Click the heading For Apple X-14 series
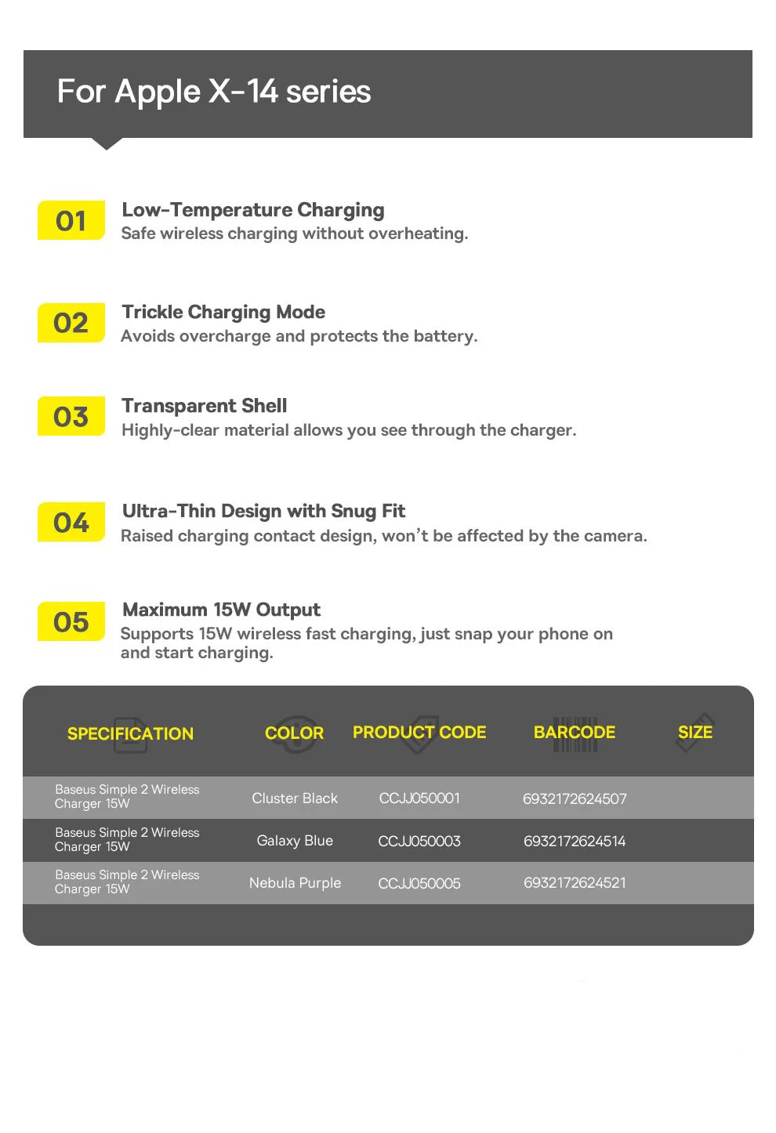(213, 92)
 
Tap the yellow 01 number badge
(71, 221)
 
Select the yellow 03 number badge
(71, 416)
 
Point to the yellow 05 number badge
(71, 622)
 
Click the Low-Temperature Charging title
(252, 210)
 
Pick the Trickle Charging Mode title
(223, 312)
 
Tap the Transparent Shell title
(204, 406)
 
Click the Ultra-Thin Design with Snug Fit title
(263, 512)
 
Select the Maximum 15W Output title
(221, 610)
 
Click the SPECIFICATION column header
(130, 733)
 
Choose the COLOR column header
(294, 733)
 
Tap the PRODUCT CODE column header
(419, 732)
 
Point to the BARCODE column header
(575, 732)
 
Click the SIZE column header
(695, 732)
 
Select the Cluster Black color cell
(295, 798)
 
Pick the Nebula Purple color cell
(295, 883)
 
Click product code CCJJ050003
(419, 841)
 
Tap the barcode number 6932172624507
(575, 798)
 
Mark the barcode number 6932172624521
(575, 882)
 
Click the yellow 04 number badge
(71, 522)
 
